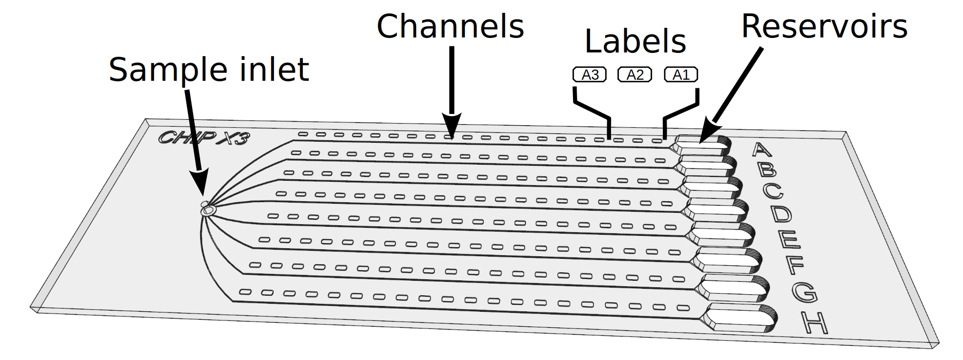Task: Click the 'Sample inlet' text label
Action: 209,70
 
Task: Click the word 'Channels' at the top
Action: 450,27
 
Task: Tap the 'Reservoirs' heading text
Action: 824,27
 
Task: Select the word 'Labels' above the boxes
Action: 635,42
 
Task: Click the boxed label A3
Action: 590,75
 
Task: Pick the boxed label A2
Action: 635,75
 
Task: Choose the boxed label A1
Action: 681,75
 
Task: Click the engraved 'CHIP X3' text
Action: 204,138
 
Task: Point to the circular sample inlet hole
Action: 208,211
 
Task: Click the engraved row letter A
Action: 762,149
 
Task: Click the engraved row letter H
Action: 815,323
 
